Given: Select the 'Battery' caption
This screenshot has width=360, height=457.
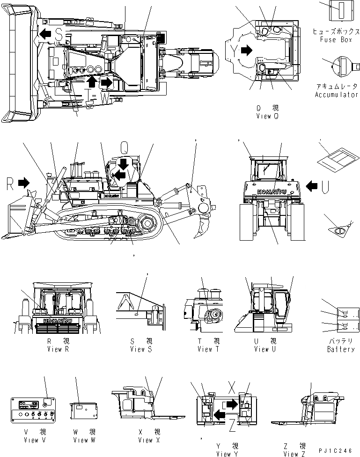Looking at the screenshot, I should (x=341, y=349).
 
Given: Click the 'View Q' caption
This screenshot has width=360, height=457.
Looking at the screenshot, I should (x=267, y=116).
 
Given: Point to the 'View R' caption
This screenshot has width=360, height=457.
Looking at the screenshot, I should (x=59, y=349).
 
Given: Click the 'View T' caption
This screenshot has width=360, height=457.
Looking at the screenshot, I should (x=205, y=349).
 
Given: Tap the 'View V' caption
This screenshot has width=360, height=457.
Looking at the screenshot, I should (x=31, y=440).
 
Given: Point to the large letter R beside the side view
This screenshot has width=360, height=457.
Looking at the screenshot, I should (x=10, y=183).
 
